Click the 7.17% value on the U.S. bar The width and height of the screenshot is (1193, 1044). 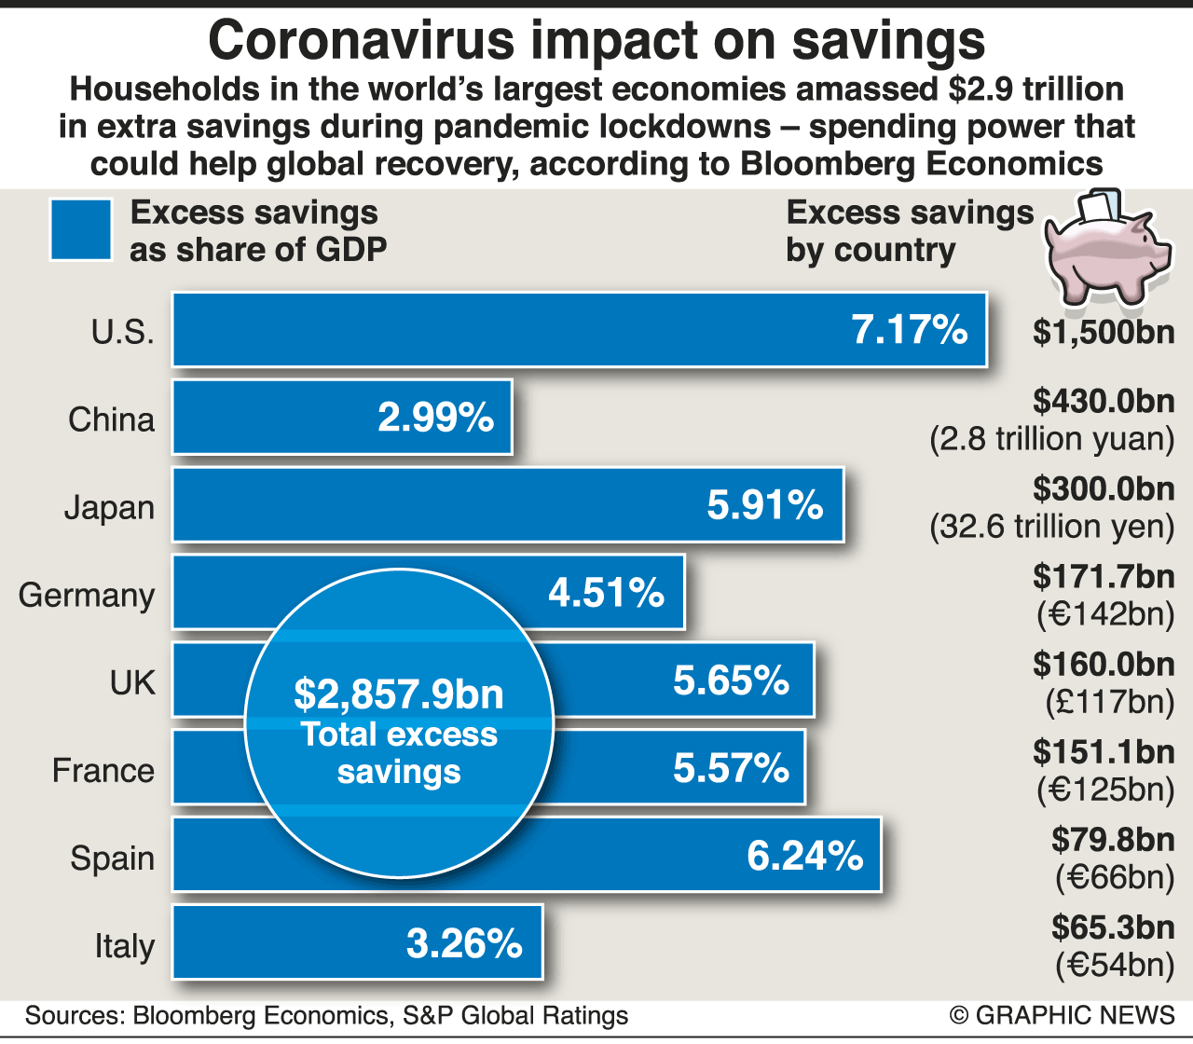tap(910, 330)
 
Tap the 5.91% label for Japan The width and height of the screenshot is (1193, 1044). tap(765, 505)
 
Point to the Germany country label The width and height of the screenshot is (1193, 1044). tap(87, 595)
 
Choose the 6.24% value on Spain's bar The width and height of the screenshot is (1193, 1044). tap(805, 856)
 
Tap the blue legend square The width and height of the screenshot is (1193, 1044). tap(81, 229)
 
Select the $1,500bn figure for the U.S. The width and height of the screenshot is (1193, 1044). tap(1104, 332)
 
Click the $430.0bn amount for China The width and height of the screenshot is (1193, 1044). tap(1104, 401)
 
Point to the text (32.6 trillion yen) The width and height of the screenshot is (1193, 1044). tap(1052, 527)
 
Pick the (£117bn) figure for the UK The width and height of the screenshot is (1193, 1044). tap(1109, 702)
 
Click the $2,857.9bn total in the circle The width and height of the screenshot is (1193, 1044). tap(399, 694)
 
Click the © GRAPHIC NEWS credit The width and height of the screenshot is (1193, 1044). tap(1062, 1015)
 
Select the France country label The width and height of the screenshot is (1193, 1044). tap(103, 770)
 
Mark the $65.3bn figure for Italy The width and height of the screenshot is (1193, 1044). tap(1113, 927)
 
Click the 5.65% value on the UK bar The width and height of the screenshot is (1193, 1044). tap(732, 680)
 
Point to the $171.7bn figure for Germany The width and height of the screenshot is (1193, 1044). tap(1104, 576)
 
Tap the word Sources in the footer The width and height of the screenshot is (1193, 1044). tap(74, 1015)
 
